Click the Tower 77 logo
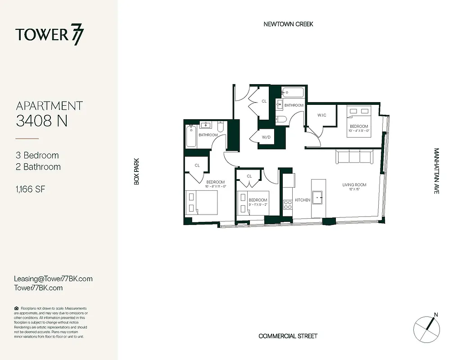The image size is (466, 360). pos(50,35)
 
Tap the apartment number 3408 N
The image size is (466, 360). pos(41,121)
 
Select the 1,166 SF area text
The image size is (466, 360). pos(31,189)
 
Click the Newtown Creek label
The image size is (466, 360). pos(288,24)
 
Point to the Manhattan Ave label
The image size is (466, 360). pos(436,171)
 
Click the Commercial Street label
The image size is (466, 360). pos(288,336)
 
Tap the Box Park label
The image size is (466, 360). pos(136,171)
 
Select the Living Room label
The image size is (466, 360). pos(354,185)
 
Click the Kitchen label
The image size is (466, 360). pos(302,200)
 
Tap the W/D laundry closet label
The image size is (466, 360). pos(266,137)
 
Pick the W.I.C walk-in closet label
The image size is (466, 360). pos(321,115)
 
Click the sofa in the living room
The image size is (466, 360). pos(353,157)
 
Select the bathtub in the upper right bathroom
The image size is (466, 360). pos(293,94)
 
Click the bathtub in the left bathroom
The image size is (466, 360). pos(191,136)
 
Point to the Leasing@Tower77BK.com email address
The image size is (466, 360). pos(53,279)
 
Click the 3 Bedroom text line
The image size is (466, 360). pos(37,155)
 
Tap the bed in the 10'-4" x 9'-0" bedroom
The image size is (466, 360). pos(358,115)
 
